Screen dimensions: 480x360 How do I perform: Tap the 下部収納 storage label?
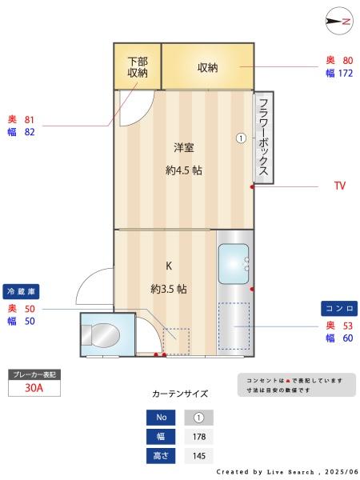coord(138,66)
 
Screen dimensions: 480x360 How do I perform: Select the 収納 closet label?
coord(208,67)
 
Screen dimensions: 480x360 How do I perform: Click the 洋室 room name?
coord(184,147)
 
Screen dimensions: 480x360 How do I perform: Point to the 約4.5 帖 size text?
coord(184,170)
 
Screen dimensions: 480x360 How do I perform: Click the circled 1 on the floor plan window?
coord(240,138)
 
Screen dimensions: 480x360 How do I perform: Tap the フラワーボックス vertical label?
coord(264,138)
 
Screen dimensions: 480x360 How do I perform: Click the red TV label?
coord(339,186)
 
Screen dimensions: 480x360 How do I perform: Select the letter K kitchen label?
coord(169,266)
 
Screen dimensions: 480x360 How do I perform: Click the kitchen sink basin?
coord(234,263)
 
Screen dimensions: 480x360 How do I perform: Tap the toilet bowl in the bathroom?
coord(103,335)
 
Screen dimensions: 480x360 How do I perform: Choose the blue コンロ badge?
coord(339,308)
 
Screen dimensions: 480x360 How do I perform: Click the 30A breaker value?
coord(34,388)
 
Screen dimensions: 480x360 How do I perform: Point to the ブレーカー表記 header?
coord(34,374)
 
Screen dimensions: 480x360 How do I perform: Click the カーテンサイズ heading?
coord(180,394)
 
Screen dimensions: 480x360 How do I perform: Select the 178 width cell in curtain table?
coord(199,437)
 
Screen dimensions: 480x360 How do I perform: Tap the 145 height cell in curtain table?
coord(199,456)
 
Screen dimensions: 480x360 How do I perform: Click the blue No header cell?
coord(160,418)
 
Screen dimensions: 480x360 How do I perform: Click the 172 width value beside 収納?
coord(345,74)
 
